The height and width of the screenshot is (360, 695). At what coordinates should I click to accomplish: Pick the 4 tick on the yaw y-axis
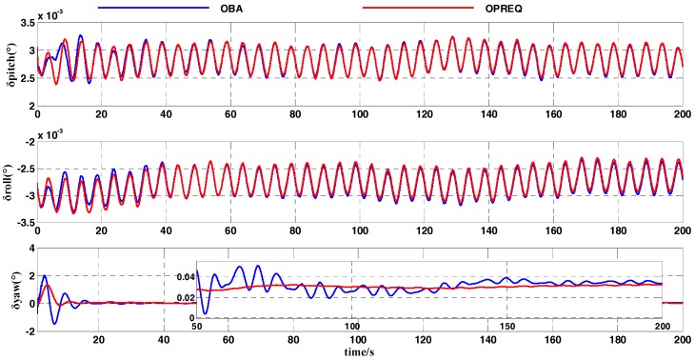[30, 249]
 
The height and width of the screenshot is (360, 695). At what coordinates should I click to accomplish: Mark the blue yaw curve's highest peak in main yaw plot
[44, 275]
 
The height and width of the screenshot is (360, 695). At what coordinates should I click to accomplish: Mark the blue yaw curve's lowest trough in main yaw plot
[54, 324]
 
